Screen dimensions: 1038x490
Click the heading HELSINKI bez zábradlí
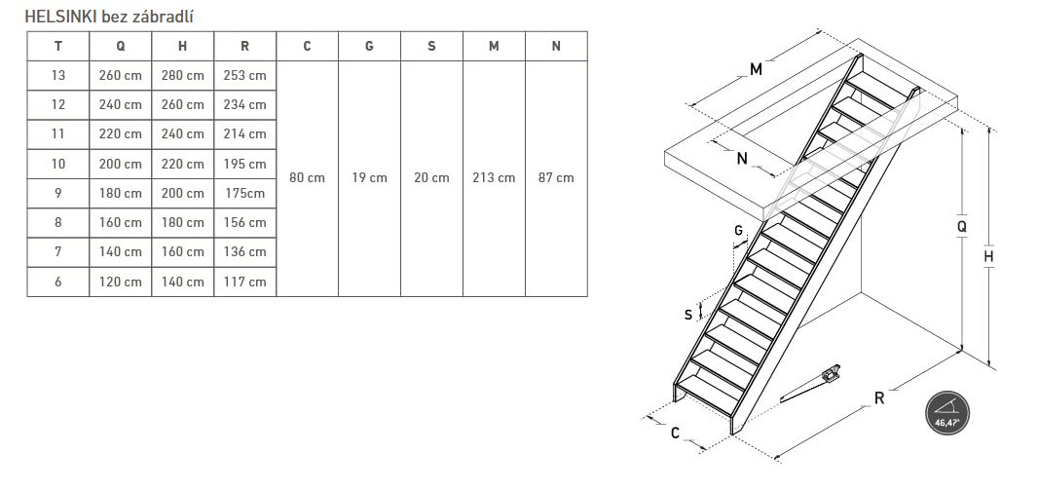pyautogui.click(x=109, y=16)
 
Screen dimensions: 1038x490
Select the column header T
pyautogui.click(x=58, y=47)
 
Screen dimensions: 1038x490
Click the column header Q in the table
pyautogui.click(x=121, y=47)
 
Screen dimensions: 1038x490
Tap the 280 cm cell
pyautogui.click(x=183, y=75)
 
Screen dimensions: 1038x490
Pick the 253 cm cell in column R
pyautogui.click(x=245, y=75)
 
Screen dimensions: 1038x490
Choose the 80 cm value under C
pyautogui.click(x=307, y=178)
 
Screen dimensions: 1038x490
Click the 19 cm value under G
pyautogui.click(x=369, y=178)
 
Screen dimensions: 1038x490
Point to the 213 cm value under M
pyautogui.click(x=494, y=178)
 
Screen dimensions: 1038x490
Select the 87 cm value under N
pyautogui.click(x=556, y=178)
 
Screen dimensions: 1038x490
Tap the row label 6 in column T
pyautogui.click(x=58, y=282)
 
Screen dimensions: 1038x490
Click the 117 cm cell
pyautogui.click(x=245, y=282)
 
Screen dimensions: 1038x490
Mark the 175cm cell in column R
pyautogui.click(x=245, y=193)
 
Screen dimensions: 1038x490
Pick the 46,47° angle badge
pyautogui.click(x=947, y=412)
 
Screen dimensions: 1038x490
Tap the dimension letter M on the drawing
pyautogui.click(x=756, y=69)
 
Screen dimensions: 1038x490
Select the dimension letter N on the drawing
pyautogui.click(x=741, y=159)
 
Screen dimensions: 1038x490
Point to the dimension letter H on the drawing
pyautogui.click(x=989, y=256)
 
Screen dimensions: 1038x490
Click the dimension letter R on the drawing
pyautogui.click(x=879, y=398)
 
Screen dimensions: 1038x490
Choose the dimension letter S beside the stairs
pyautogui.click(x=688, y=315)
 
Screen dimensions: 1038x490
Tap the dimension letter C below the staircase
pyautogui.click(x=675, y=433)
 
